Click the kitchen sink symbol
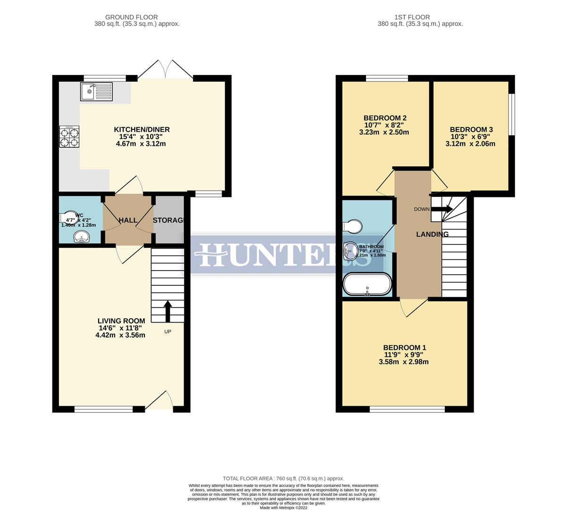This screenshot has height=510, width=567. (96, 91)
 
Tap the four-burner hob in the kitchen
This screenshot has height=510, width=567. (69, 137)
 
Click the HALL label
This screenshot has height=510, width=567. (128, 221)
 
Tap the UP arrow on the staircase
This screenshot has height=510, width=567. (167, 311)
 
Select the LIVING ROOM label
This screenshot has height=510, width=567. (121, 321)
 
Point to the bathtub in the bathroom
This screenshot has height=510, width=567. (367, 284)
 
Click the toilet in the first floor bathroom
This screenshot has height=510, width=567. (351, 227)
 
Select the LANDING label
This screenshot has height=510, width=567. (432, 234)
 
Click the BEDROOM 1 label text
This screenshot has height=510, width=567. (405, 348)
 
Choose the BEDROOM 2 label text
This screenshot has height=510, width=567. (385, 118)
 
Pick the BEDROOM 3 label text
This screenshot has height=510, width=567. (471, 129)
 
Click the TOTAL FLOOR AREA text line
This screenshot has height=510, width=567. (283, 478)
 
